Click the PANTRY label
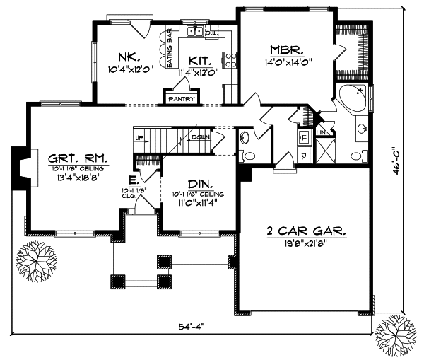[180, 100]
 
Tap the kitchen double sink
[195, 32]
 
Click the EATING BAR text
[170, 48]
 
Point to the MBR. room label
[287, 50]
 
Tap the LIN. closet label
[321, 132]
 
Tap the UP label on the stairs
[139, 137]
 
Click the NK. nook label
[128, 57]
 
